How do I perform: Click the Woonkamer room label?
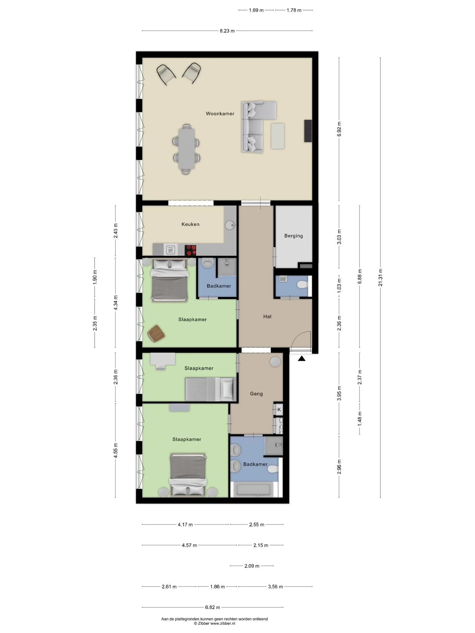220,114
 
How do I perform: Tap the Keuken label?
190,224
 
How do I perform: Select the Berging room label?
294,236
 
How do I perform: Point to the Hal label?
267,316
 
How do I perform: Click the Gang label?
256,394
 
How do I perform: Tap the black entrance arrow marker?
301,358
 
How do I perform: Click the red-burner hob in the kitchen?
190,250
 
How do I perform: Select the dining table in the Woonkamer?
187,148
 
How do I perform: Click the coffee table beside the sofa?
278,136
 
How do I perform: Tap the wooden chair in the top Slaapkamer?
156,333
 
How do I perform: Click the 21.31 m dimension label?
380,277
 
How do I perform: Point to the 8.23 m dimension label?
227,31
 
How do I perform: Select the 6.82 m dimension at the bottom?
212,607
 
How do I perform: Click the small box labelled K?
279,409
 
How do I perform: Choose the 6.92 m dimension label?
339,129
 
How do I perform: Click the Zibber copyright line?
214,623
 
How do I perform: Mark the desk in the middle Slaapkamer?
163,359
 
